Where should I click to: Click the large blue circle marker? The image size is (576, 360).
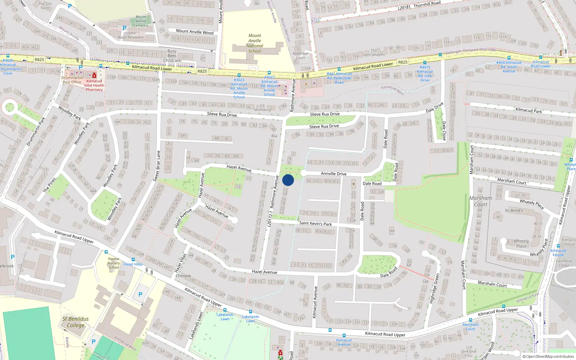[288, 180]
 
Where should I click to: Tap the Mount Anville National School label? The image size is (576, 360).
[255, 43]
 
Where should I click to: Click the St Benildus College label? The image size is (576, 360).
[75, 322]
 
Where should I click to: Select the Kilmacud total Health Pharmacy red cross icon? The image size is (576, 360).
[94, 75]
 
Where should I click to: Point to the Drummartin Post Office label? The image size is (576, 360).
[72, 80]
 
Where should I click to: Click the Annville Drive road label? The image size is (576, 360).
[333, 174]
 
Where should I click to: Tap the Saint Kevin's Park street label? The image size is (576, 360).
[315, 223]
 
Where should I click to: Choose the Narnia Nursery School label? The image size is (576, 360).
[113, 263]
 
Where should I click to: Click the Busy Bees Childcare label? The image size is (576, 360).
[172, 56]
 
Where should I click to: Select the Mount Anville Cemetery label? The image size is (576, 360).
[141, 21]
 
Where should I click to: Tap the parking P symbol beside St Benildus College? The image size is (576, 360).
[140, 294]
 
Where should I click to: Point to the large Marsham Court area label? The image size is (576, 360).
[480, 201]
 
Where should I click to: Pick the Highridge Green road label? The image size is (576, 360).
[434, 288]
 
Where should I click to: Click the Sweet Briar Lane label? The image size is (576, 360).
[157, 166]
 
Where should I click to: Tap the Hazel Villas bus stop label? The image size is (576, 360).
[133, 264]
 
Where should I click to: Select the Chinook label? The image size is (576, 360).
[183, 276]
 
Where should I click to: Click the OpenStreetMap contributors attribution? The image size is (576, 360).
[548, 357]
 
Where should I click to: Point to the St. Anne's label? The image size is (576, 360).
[514, 210]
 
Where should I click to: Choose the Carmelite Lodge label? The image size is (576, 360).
[564, 263]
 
